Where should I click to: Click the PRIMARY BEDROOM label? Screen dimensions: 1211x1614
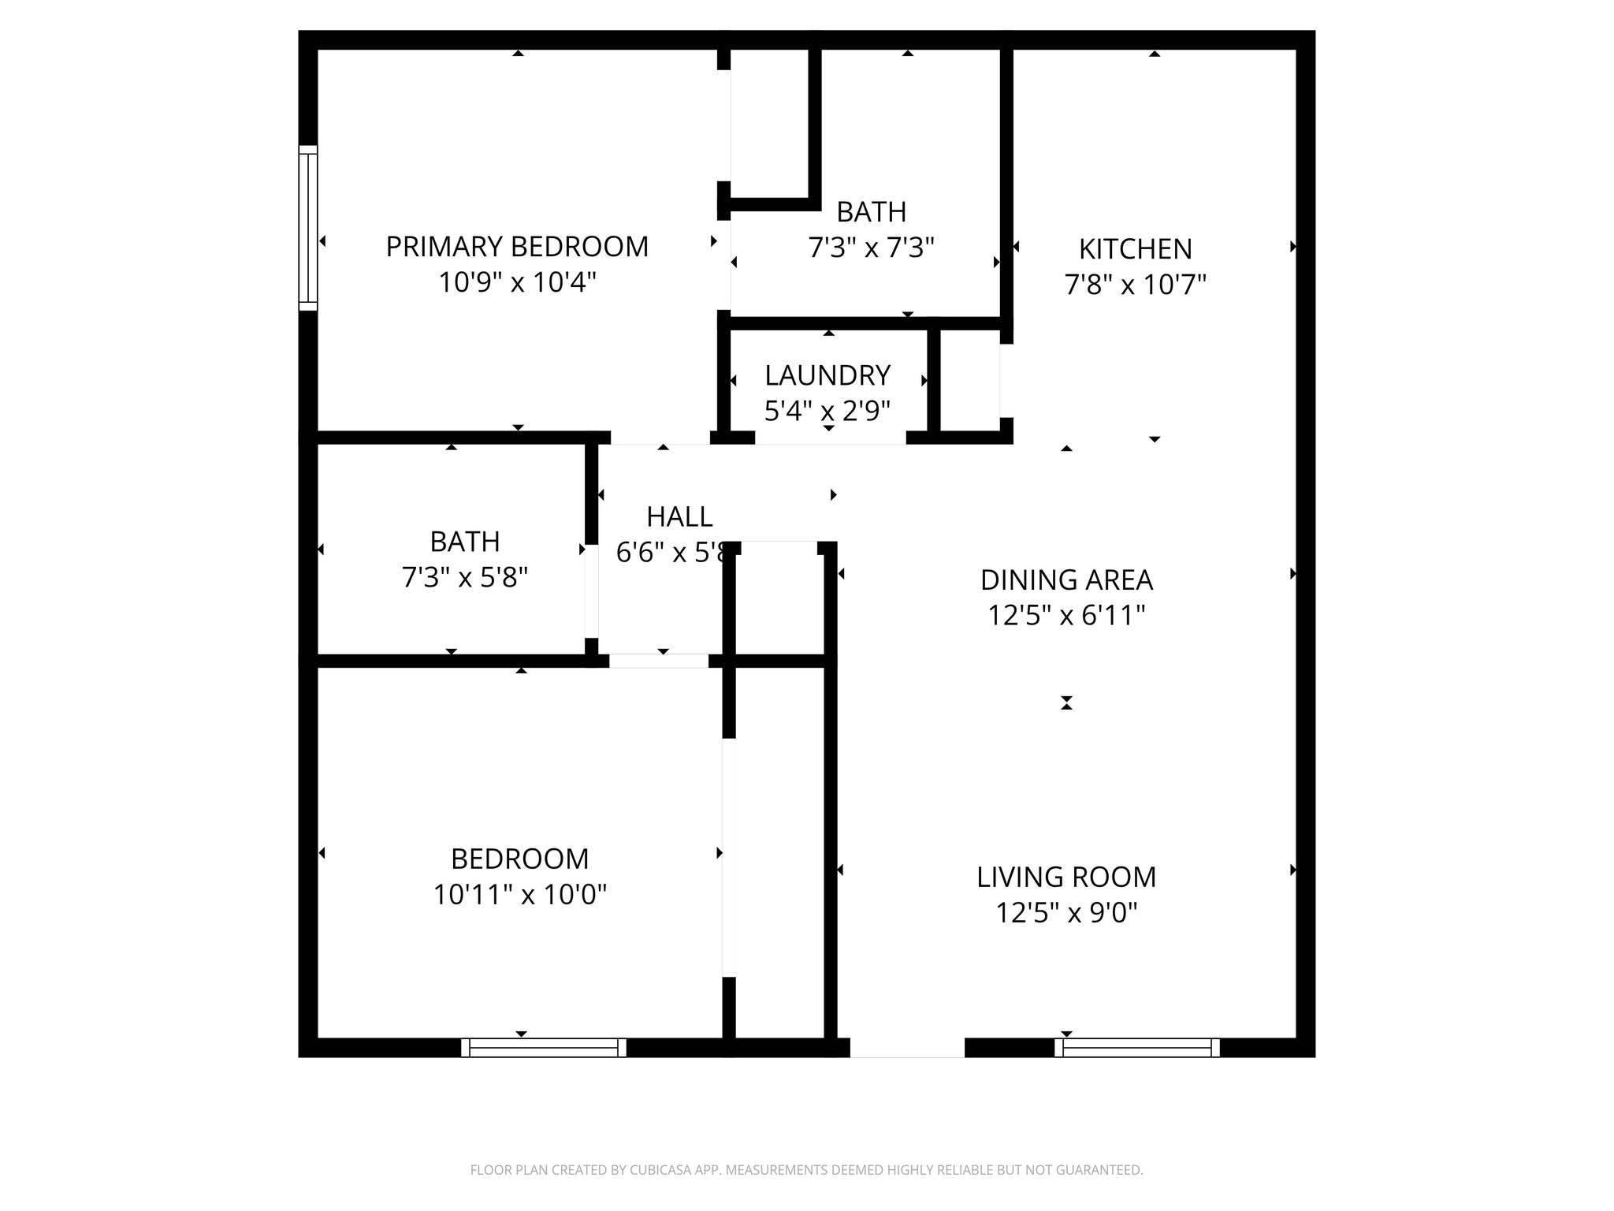tap(516, 247)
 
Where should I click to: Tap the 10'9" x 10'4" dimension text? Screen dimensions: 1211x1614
tap(516, 282)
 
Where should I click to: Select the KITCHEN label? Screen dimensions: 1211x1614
tap(1135, 249)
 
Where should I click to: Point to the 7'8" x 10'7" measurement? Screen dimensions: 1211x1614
tap(1135, 285)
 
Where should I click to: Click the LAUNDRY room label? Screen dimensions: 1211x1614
tap(827, 375)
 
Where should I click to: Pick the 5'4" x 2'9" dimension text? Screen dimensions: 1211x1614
tap(827, 411)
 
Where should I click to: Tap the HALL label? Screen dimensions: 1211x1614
tap(679, 517)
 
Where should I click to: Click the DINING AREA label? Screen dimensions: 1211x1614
tap(1066, 580)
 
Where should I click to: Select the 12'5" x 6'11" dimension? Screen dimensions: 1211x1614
tap(1066, 616)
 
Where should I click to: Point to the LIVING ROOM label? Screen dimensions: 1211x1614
tap(1066, 878)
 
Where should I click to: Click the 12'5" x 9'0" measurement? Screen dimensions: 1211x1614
tap(1066, 913)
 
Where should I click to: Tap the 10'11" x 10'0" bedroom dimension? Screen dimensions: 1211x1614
tap(519, 895)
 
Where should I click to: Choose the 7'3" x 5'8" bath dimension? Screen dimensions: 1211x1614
tap(464, 578)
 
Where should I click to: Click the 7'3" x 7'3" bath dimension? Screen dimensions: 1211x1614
tap(871, 248)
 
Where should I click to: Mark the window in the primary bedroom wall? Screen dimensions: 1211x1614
tap(307, 228)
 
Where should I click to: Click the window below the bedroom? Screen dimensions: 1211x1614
tap(544, 1048)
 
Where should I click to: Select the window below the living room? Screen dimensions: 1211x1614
tap(1136, 1048)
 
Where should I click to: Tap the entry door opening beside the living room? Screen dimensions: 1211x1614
tap(907, 1048)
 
